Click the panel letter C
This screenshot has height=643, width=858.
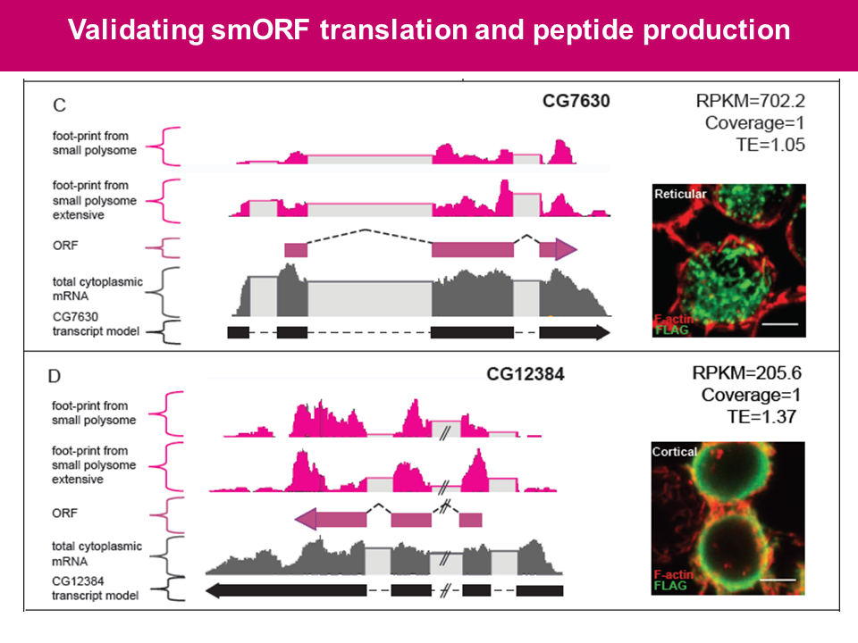tap(59, 105)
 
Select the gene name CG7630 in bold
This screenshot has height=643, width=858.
tap(576, 101)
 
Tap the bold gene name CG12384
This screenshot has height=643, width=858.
tap(526, 375)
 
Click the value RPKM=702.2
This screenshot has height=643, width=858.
tap(751, 101)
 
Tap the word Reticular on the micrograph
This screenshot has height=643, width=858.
tap(679, 194)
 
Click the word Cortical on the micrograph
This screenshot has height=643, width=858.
tap(675, 452)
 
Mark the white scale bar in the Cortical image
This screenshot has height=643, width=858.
tap(778, 580)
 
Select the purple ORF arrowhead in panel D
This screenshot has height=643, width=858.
tap(306, 518)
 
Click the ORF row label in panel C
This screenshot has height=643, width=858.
tap(65, 248)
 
